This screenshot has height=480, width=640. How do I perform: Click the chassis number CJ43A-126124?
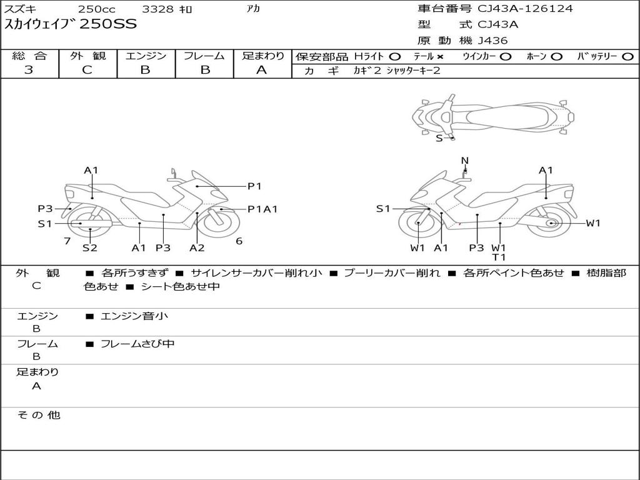coord(525,9)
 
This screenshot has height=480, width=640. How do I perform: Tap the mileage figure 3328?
coord(159,9)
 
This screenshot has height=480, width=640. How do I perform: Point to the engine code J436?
coord(493,41)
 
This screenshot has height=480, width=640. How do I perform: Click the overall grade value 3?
coord(29,70)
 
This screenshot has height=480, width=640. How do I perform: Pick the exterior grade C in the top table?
coord(87,70)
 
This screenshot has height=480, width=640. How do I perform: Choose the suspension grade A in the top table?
coord(262,70)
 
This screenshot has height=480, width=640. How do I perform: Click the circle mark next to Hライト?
coord(394,56)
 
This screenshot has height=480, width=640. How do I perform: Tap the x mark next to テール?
coord(440,56)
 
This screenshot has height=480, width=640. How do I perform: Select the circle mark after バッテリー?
coord(627,56)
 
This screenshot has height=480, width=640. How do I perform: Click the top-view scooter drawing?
coord(492,116)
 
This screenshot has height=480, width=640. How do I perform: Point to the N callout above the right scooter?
coord(464,161)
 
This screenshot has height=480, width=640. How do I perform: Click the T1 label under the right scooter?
coord(499,257)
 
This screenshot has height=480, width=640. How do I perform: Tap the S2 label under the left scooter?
coord(90,248)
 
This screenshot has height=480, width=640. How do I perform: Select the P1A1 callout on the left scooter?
coord(262,209)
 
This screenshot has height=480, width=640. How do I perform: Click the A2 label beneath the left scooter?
coord(197,248)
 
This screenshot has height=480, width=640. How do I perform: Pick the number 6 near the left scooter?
coord(239,241)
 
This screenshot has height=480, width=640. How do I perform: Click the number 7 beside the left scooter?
coord(67,241)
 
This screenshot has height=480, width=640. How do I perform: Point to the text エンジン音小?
coord(134,316)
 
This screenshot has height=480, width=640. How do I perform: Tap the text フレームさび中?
coord(137,344)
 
